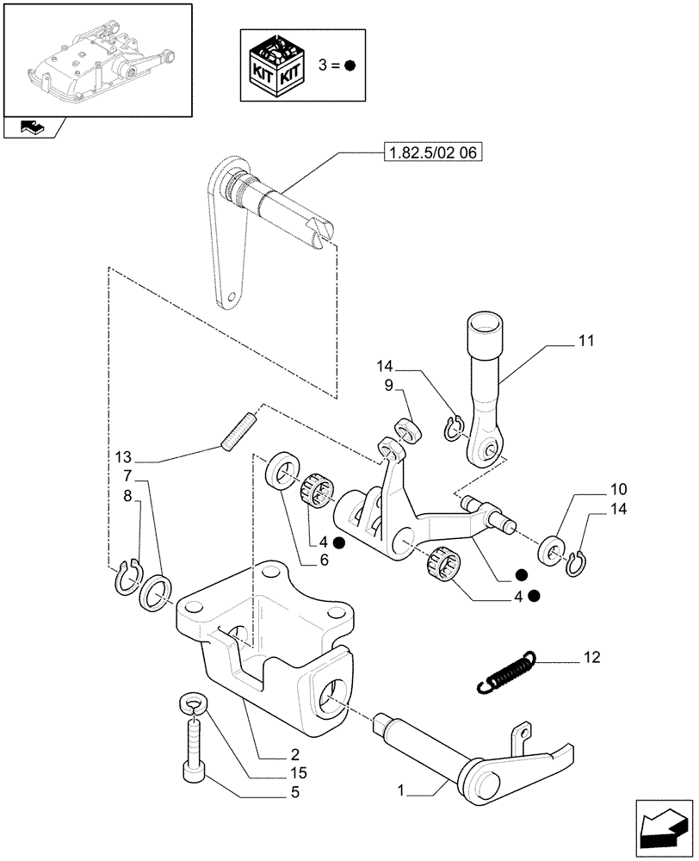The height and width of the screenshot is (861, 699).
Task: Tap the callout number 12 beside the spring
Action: [x=591, y=659]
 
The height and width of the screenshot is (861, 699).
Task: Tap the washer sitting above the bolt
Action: [x=195, y=706]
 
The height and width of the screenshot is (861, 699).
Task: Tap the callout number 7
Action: [x=127, y=475]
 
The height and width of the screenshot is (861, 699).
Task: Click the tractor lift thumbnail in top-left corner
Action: [x=96, y=59]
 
